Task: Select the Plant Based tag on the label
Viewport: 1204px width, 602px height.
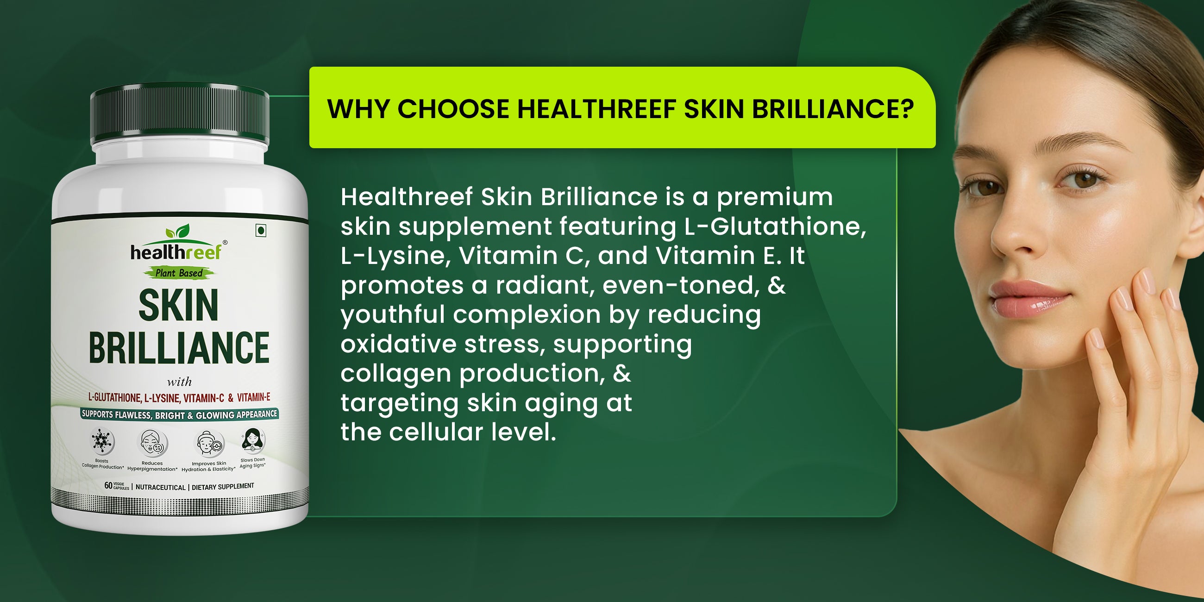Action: [179, 273]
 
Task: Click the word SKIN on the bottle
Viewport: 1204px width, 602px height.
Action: [179, 305]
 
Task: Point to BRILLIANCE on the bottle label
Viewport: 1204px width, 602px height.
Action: [179, 347]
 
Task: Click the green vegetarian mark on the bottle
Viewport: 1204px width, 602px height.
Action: [261, 231]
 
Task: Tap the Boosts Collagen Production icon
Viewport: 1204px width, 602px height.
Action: [102, 441]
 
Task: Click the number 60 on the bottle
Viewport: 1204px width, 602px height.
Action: [108, 486]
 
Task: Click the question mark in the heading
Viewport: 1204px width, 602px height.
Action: [906, 108]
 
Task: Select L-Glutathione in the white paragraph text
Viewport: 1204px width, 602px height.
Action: [774, 226]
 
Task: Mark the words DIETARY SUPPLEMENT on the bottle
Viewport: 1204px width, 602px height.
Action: [223, 487]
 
